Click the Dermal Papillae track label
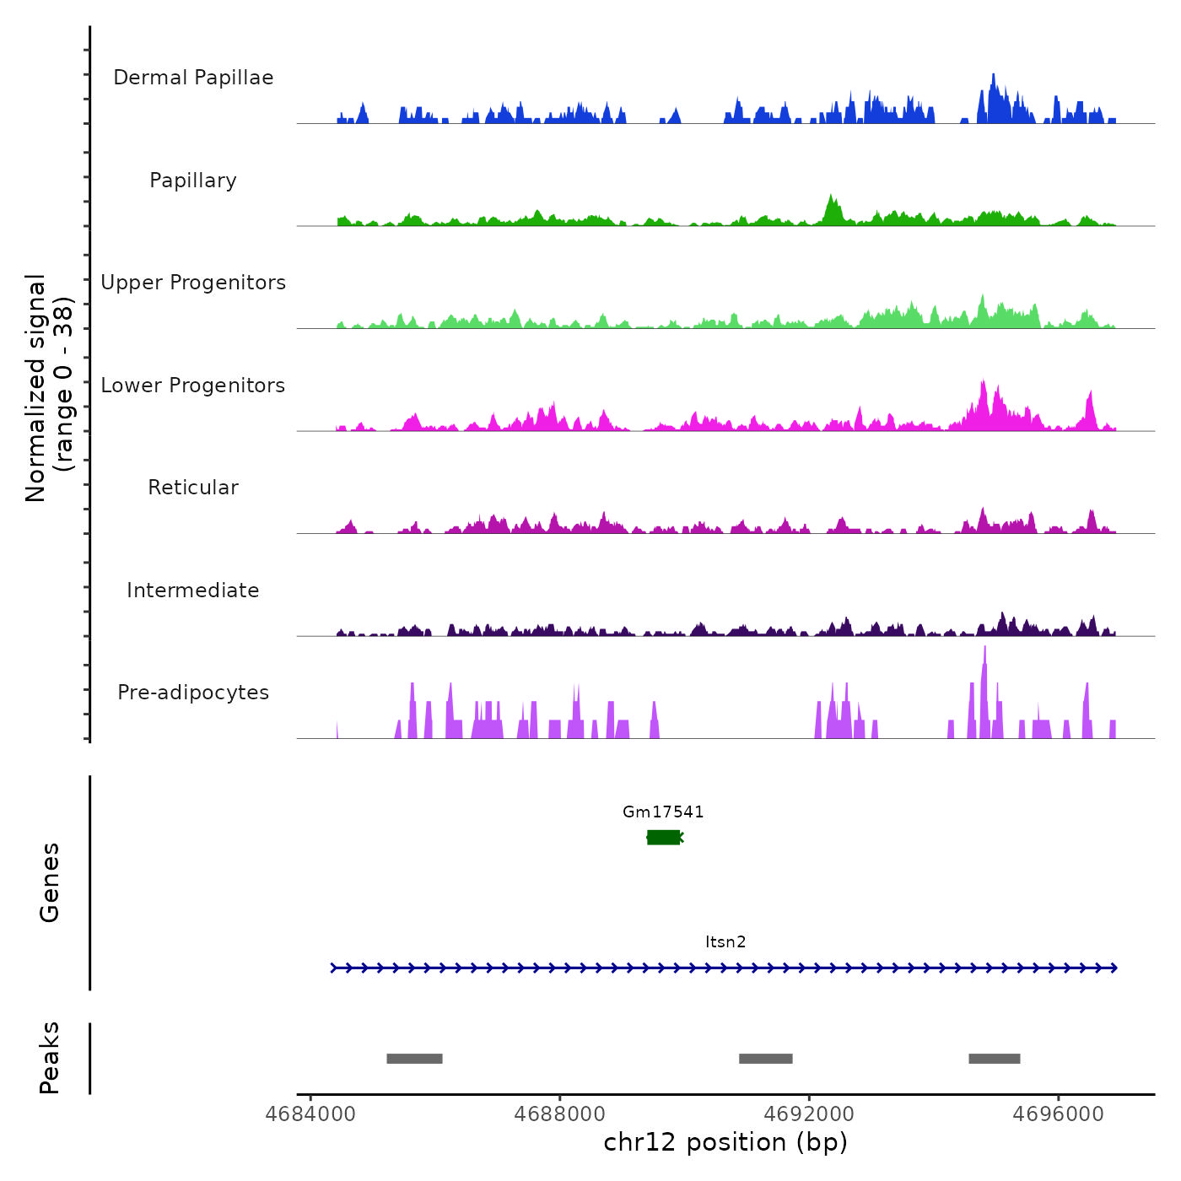pyautogui.click(x=193, y=78)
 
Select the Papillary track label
pyautogui.click(x=193, y=181)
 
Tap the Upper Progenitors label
pyautogui.click(x=193, y=283)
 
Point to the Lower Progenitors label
pyautogui.click(x=193, y=386)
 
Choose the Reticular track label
pyautogui.click(x=193, y=488)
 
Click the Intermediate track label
pyautogui.click(x=193, y=590)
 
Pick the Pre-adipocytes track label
pyautogui.click(x=193, y=693)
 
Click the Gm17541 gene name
pyautogui.click(x=663, y=812)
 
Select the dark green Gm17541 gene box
pyautogui.click(x=664, y=837)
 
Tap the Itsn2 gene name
pyautogui.click(x=725, y=941)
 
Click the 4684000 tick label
pyautogui.click(x=310, y=1114)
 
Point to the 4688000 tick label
pyautogui.click(x=560, y=1114)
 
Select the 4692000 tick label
pyautogui.click(x=809, y=1114)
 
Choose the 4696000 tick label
pyautogui.click(x=1059, y=1114)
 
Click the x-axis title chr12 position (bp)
pyautogui.click(x=725, y=1142)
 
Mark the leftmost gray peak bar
pyautogui.click(x=414, y=1059)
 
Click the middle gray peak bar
pyautogui.click(x=766, y=1059)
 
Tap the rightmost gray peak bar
pyautogui.click(x=995, y=1059)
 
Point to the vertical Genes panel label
pyautogui.click(x=50, y=882)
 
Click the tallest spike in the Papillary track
pyautogui.click(x=832, y=202)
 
